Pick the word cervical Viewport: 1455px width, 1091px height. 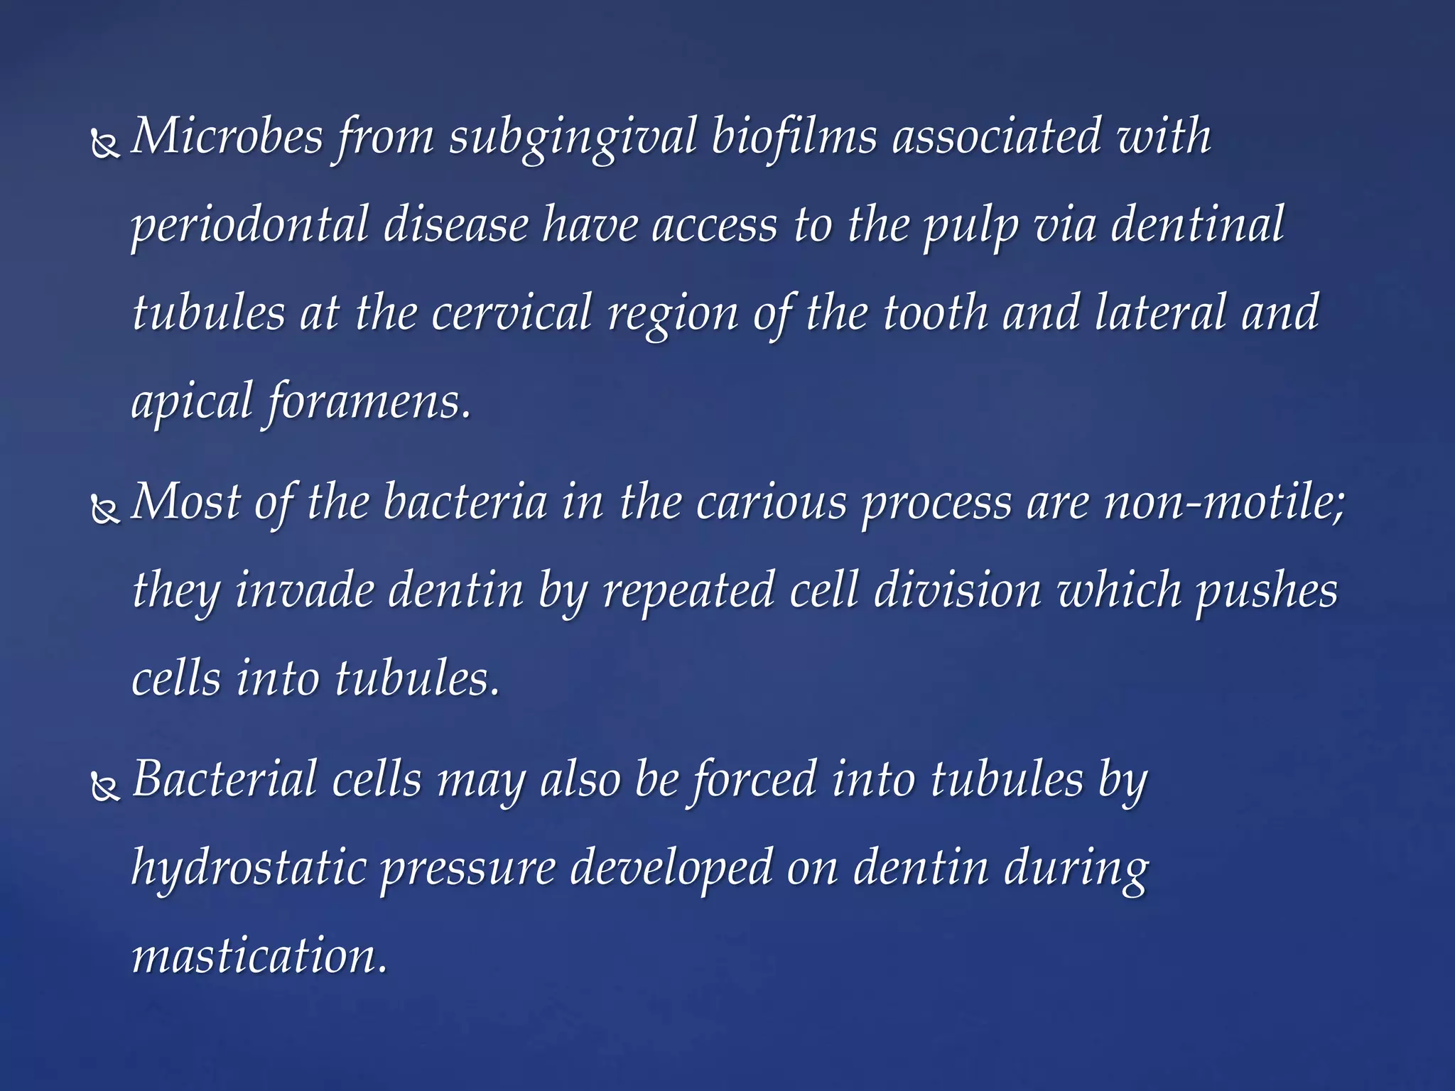click(x=511, y=313)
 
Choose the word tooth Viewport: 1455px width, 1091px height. click(x=935, y=313)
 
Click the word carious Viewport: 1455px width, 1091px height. click(x=772, y=503)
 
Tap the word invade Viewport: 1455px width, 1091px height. click(x=304, y=591)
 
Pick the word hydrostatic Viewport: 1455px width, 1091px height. click(x=249, y=869)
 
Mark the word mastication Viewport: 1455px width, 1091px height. click(x=260, y=956)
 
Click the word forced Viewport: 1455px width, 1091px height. click(x=754, y=780)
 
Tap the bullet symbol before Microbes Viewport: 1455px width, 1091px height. click(x=105, y=145)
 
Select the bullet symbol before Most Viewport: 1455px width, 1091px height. click(x=105, y=511)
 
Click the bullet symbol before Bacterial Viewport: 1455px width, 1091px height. click(x=105, y=788)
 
